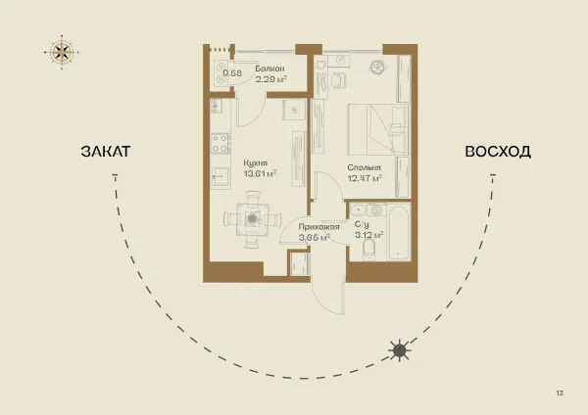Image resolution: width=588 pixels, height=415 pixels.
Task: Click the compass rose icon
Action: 62,52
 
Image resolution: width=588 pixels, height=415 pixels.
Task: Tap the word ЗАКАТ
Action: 106,152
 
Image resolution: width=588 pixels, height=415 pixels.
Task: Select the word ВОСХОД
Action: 498,152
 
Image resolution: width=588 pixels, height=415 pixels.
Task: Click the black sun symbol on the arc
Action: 400,350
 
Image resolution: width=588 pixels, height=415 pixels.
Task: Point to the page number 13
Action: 560,392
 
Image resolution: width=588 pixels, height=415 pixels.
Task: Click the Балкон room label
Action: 269,69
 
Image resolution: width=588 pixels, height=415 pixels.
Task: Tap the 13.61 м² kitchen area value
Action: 260,174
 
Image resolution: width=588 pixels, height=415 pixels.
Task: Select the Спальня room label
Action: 364,167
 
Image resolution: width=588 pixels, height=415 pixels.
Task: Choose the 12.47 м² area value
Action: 365,178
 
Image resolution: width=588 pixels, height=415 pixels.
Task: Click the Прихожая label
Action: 318,227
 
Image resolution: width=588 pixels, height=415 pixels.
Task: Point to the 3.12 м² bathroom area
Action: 369,235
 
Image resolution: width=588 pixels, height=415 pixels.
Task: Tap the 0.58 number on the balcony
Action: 232,73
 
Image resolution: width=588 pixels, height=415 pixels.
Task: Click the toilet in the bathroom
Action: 369,250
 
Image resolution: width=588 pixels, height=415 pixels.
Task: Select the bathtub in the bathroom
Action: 399,232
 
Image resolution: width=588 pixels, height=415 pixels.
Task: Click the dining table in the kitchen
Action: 253,219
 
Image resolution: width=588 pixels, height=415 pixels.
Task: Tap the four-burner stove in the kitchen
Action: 220,144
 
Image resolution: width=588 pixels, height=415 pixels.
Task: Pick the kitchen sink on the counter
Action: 220,176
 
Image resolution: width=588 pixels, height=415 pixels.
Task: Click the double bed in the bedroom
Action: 378,129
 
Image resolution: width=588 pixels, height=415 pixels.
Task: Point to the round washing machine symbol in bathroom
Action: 376,210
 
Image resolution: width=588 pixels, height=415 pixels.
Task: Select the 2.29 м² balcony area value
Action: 271,79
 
